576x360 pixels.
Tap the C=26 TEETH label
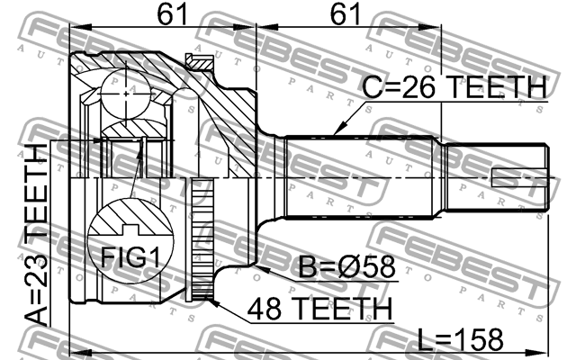(454, 87)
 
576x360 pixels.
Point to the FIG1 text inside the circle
(124, 258)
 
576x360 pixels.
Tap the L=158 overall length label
(461, 339)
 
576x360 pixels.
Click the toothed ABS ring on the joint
(203, 243)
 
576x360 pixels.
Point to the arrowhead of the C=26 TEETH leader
(334, 132)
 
